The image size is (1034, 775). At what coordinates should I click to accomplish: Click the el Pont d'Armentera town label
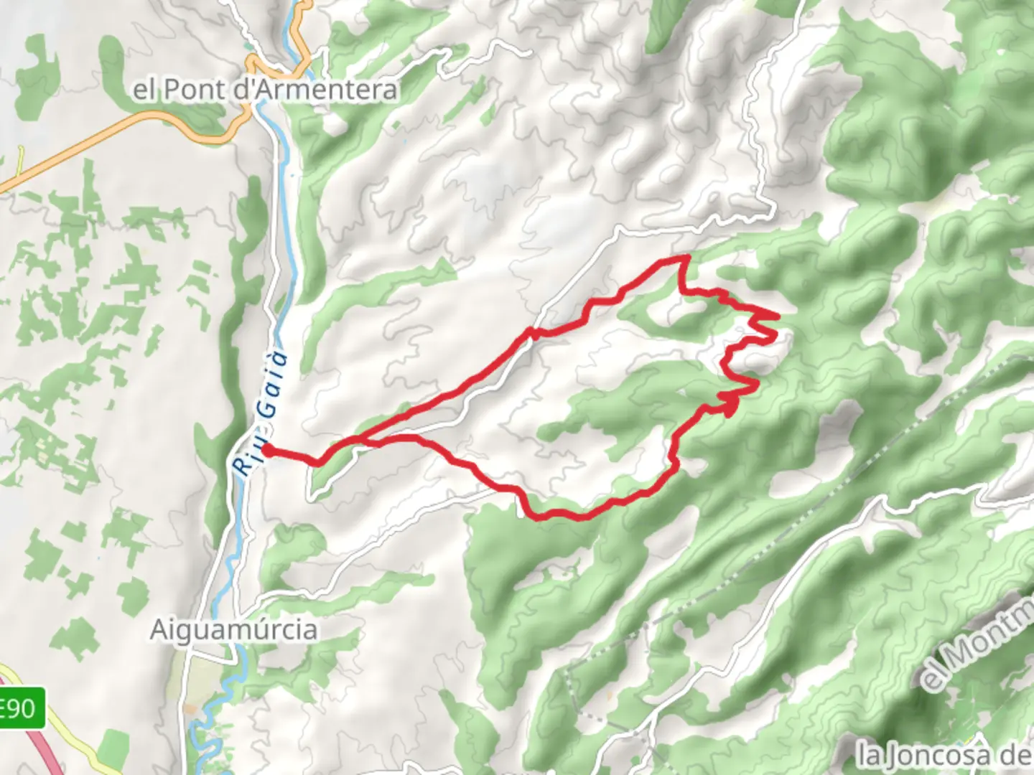pyautogui.click(x=265, y=90)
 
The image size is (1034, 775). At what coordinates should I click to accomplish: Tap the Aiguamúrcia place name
pyautogui.click(x=233, y=630)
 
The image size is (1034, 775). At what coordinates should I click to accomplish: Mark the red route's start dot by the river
pyautogui.click(x=266, y=450)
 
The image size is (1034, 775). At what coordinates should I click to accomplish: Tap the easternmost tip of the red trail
pyautogui.click(x=778, y=316)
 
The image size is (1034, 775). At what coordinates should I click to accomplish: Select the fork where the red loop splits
pyautogui.click(x=359, y=439)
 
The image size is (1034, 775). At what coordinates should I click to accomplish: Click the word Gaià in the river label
pyautogui.click(x=272, y=383)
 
